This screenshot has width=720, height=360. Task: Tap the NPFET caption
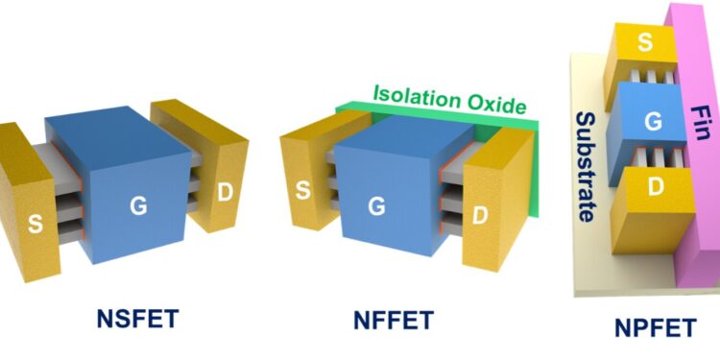point(655,329)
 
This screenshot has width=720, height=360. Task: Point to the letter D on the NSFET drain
point(225,192)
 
